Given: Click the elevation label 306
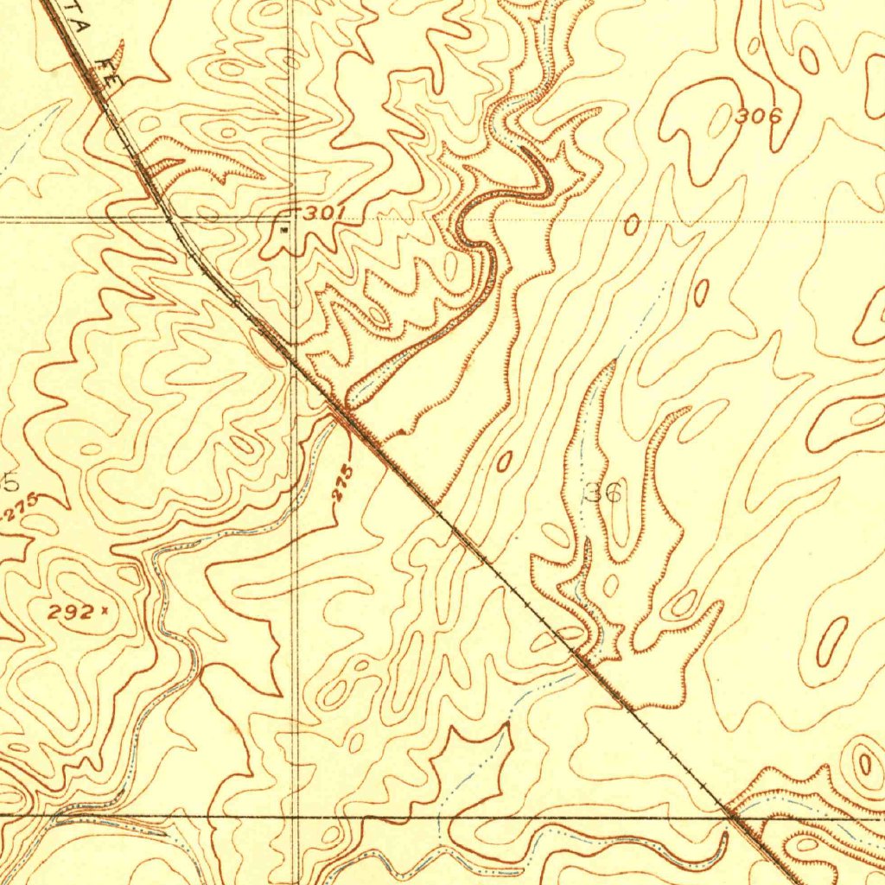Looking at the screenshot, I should [x=758, y=116].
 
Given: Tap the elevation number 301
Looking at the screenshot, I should [x=324, y=212].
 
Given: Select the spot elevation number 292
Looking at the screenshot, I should [x=71, y=613].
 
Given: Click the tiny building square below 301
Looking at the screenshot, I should [x=285, y=231].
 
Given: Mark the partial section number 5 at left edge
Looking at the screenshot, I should [x=10, y=481].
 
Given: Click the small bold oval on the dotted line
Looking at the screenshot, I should [x=632, y=226].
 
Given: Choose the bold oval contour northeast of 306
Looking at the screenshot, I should [x=809, y=60].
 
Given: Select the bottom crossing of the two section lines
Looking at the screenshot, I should [x=296, y=815].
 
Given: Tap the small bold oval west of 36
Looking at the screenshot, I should [x=504, y=462].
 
